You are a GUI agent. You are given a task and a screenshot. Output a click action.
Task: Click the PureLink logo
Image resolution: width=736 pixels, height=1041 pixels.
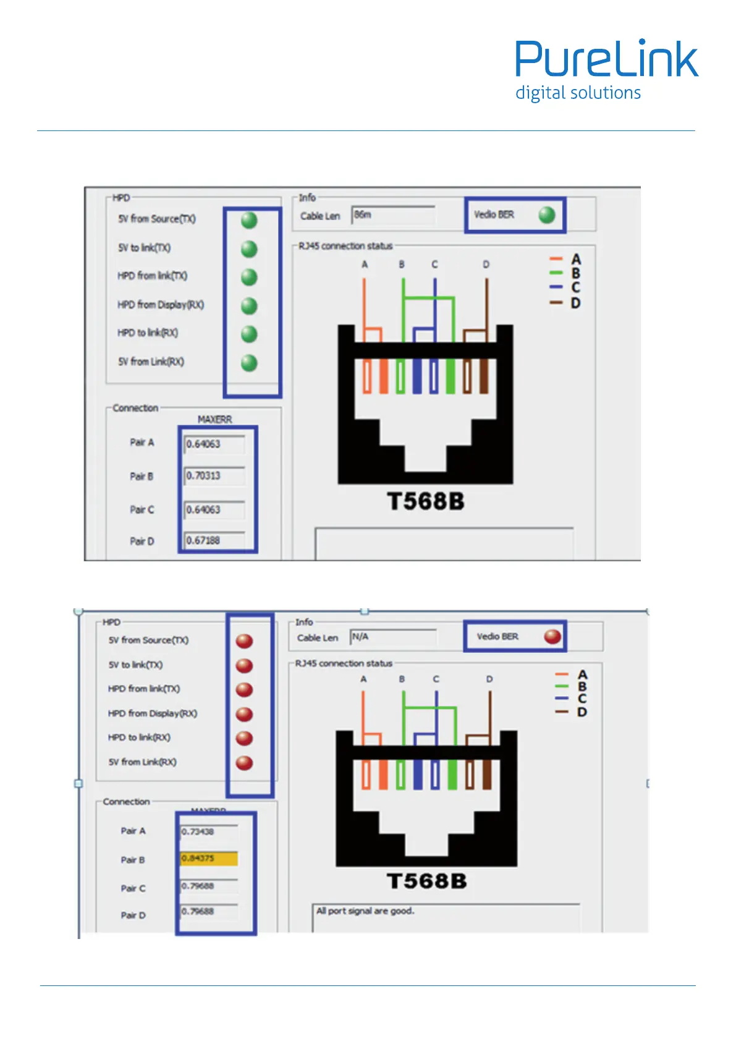(x=606, y=60)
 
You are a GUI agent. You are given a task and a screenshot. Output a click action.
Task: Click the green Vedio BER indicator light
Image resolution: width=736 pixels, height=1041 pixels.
(x=546, y=215)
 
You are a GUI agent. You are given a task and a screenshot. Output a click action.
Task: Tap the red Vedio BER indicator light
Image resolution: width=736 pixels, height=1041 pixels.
(x=552, y=636)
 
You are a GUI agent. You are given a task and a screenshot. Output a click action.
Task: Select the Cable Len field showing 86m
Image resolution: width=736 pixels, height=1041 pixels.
(x=393, y=215)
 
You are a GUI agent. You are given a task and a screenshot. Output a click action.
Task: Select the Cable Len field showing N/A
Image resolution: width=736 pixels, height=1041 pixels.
(x=393, y=637)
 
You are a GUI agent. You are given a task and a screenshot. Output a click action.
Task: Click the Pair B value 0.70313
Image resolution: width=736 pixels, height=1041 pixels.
(x=214, y=476)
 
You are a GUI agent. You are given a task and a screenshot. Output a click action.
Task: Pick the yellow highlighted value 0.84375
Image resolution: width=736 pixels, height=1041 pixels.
(x=209, y=858)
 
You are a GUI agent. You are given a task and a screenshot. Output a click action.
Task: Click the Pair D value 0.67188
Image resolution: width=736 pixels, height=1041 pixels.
(x=214, y=541)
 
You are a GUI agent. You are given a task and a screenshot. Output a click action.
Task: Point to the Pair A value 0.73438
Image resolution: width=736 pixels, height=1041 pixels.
(x=209, y=831)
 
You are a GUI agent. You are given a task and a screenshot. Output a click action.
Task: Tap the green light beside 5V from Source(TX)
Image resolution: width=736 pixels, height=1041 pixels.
(x=249, y=220)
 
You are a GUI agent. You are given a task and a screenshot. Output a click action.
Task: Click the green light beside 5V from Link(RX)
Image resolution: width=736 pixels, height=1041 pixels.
(x=249, y=363)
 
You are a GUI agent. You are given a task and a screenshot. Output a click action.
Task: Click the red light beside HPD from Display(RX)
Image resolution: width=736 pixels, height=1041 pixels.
(x=245, y=714)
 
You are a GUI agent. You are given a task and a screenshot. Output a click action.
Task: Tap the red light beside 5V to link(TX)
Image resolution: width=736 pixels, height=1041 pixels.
(x=245, y=665)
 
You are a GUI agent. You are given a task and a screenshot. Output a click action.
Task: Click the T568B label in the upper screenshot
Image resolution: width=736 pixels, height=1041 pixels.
(x=426, y=501)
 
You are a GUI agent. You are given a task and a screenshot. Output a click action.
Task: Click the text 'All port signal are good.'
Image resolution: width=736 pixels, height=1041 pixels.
(x=365, y=911)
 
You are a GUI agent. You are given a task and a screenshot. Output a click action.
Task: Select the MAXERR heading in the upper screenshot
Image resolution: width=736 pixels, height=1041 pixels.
(x=214, y=419)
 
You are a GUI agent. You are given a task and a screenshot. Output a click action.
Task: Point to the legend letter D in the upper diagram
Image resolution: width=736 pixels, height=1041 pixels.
(x=575, y=304)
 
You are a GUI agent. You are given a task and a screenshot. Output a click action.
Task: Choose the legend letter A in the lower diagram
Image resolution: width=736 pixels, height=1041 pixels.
(x=582, y=674)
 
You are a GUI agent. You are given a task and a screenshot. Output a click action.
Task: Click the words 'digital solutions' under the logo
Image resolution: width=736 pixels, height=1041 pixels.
(x=578, y=93)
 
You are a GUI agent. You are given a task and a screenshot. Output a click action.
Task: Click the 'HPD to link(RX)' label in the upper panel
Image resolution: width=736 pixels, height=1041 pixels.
(x=148, y=333)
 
